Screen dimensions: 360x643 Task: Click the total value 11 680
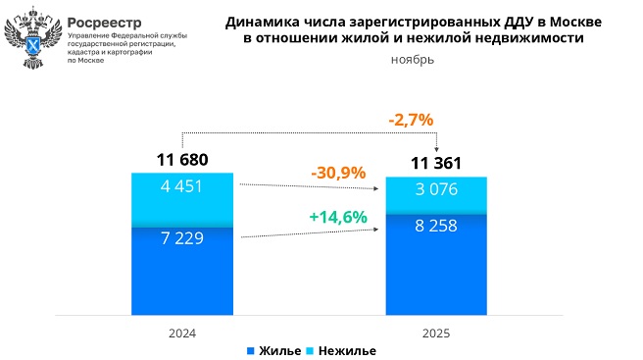tap(182, 159)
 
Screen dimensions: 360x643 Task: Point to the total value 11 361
tap(435, 163)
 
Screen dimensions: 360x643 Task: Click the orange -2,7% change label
tap(411, 120)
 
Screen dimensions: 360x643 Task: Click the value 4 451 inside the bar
tap(182, 186)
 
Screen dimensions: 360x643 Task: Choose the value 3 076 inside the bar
tap(436, 189)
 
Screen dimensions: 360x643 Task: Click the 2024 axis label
tap(182, 334)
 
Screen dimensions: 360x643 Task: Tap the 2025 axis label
tap(436, 334)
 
